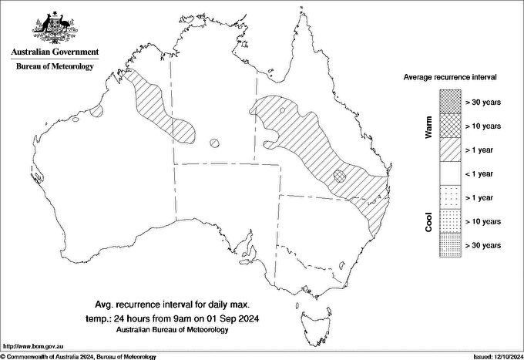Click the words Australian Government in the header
(55, 52)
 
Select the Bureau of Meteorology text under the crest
(55, 67)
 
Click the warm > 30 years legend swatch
(449, 101)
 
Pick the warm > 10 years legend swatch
(449, 125)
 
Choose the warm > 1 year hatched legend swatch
(449, 149)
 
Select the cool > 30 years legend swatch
(449, 245)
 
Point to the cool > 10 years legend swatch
(449, 221)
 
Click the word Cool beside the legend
(428, 221)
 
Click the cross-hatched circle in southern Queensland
(340, 175)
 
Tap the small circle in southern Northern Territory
(215, 143)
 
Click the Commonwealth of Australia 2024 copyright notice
(78, 356)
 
